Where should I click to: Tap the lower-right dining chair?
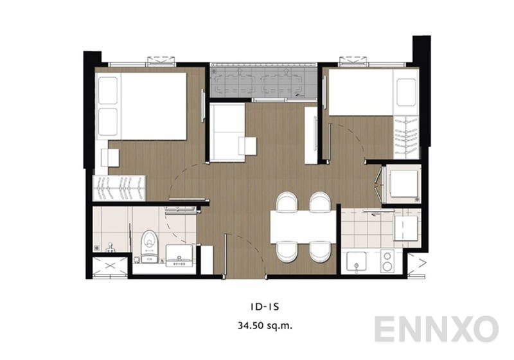point(319,251)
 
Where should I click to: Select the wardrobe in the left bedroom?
point(122,189)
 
